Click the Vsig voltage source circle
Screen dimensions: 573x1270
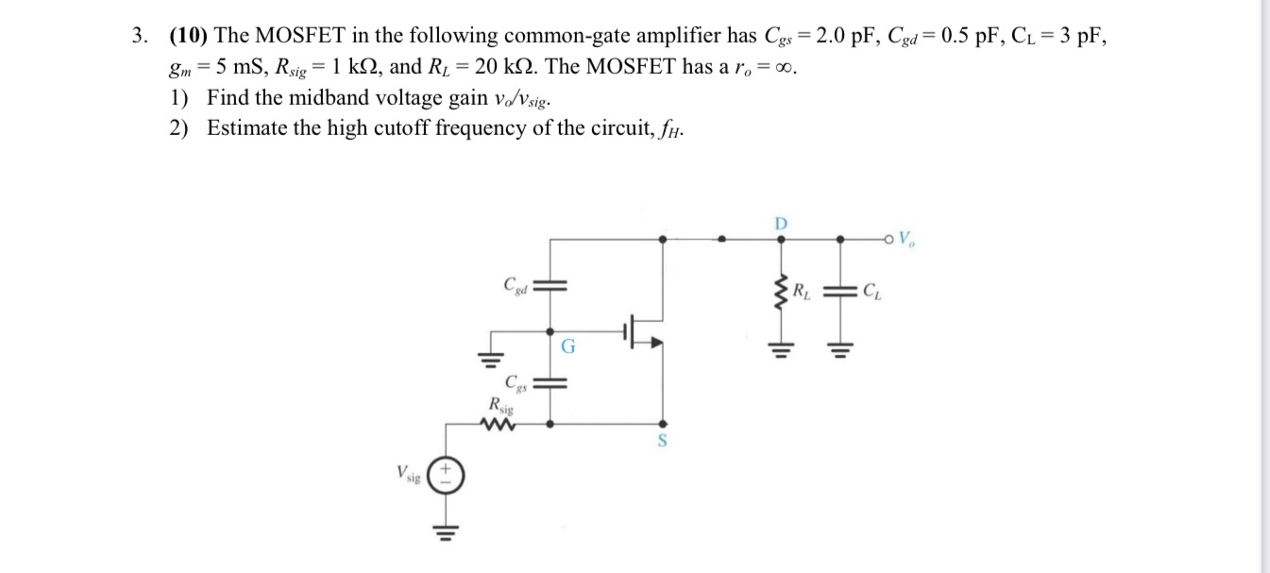[447, 473]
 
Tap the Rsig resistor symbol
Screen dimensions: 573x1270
[496, 425]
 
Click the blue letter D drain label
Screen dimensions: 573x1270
[780, 224]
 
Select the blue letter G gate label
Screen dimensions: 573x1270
[567, 346]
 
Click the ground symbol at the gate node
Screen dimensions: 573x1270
[491, 358]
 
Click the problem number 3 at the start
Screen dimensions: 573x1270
[139, 37]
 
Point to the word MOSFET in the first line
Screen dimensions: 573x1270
[311, 37]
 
